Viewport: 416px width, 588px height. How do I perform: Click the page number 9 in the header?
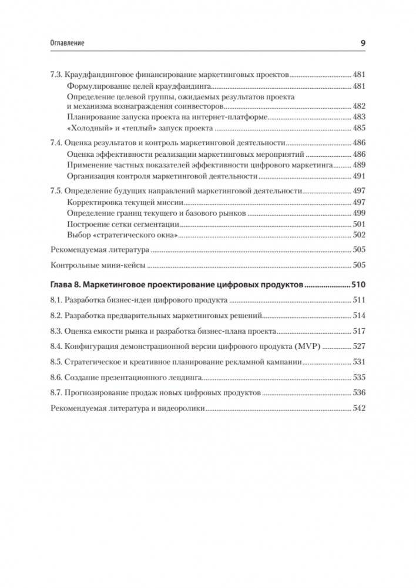coord(363,43)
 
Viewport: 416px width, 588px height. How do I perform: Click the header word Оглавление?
coord(68,43)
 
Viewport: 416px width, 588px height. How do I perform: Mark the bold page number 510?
coord(358,285)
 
